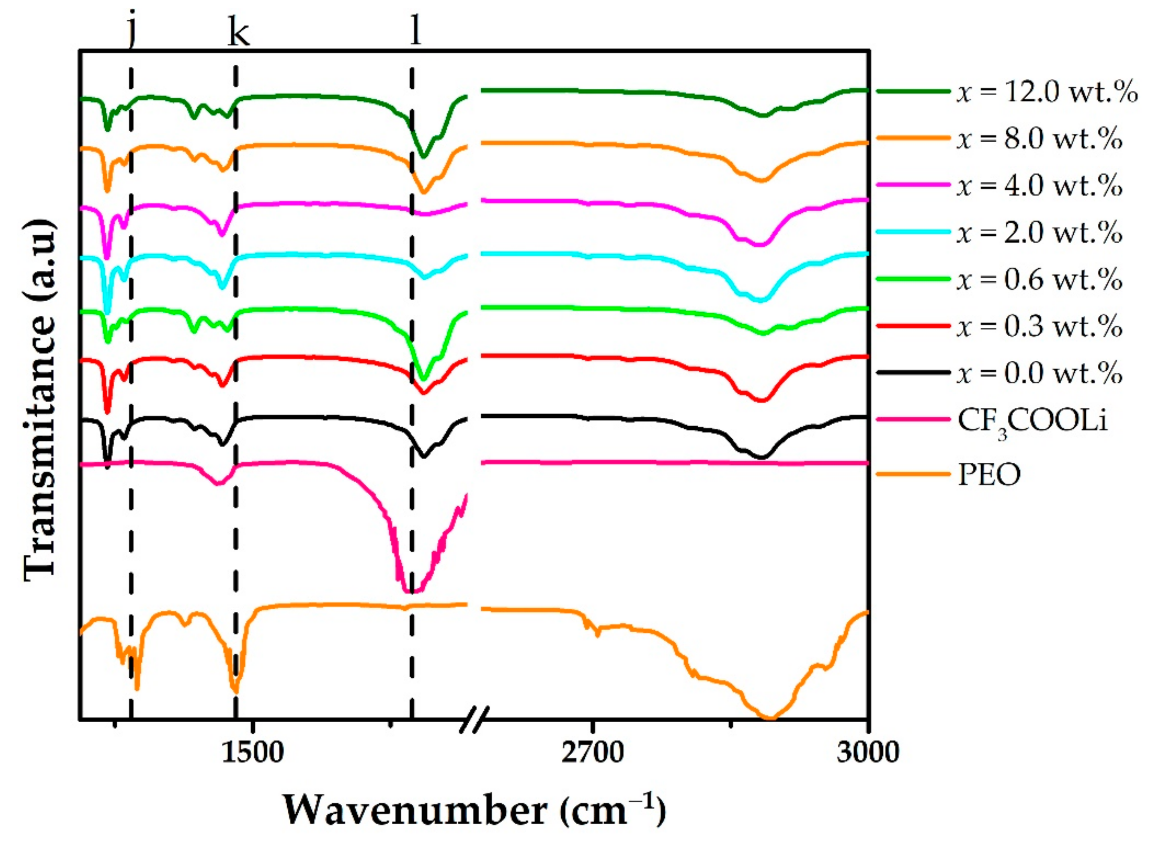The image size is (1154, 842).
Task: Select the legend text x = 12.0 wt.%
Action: (x=1046, y=92)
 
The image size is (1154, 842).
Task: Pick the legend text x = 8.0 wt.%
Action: (x=1039, y=139)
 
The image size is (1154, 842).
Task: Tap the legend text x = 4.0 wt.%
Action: (x=1039, y=186)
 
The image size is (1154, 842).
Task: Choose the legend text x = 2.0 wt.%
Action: (x=1039, y=233)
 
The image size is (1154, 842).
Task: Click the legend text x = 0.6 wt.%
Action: (x=1039, y=279)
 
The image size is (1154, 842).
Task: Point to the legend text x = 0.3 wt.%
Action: (x=1039, y=326)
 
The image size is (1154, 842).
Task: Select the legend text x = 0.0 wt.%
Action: (x=1039, y=373)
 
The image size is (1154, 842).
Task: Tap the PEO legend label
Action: (x=989, y=475)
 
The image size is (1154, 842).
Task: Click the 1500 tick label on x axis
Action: (x=252, y=752)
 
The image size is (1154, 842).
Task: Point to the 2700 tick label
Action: (x=592, y=752)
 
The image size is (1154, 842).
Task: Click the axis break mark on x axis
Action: (x=474, y=719)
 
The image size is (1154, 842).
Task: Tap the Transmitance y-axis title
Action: (x=40, y=400)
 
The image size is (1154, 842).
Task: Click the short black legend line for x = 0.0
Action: (x=913, y=372)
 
